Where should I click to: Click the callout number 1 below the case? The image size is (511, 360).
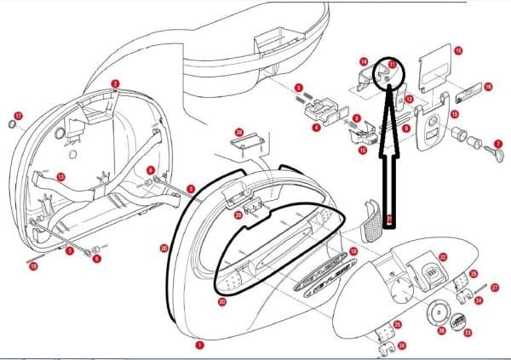click(x=200, y=346)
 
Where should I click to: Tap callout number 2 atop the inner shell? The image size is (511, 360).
click(x=115, y=83)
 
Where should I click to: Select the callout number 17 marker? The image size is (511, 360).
click(x=18, y=115)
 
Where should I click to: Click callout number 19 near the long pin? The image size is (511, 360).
click(x=33, y=266)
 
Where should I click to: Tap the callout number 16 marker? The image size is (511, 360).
click(x=488, y=86)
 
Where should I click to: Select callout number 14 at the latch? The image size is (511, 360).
click(x=363, y=61)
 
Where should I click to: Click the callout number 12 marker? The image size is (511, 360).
click(x=409, y=100)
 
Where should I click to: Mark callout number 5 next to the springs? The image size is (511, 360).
click(x=298, y=88)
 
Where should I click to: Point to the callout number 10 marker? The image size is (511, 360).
click(x=362, y=151)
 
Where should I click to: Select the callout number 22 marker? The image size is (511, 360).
click(x=442, y=256)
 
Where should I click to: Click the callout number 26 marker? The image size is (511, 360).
click(x=441, y=330)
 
